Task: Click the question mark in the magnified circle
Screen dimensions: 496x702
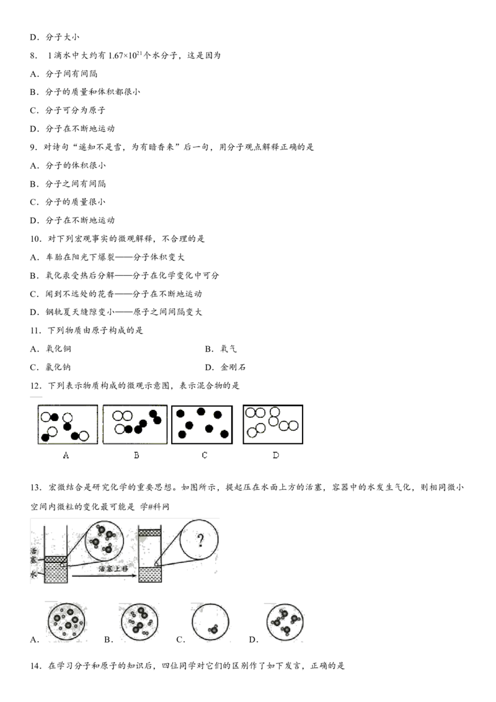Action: coord(200,540)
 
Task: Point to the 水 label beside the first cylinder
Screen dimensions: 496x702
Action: coord(35,575)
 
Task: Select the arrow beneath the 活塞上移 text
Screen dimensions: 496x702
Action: coord(103,577)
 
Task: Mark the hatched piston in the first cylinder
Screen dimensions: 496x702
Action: coord(56,560)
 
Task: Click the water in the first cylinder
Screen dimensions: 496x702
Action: coord(56,574)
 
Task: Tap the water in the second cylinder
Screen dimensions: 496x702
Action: coord(149,574)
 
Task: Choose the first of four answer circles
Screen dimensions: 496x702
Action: coord(66,621)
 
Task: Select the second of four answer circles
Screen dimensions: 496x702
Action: coord(141,621)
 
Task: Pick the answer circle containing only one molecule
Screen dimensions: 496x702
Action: coord(211,621)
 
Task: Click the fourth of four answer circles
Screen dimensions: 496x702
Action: coord(285,621)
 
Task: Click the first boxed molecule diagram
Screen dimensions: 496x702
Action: coord(66,425)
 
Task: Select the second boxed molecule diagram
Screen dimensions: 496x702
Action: coord(135,424)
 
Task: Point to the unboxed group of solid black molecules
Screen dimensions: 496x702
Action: coord(202,423)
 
